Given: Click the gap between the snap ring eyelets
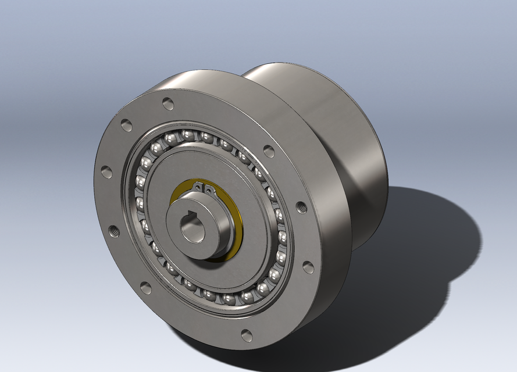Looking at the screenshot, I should pyautogui.click(x=204, y=188).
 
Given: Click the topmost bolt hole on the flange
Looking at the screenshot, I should pyautogui.click(x=168, y=104).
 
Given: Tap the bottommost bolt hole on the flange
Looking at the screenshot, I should pyautogui.click(x=247, y=335).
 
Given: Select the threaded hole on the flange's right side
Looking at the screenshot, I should pyautogui.click(x=301, y=206).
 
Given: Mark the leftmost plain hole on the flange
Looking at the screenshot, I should pyautogui.click(x=106, y=172).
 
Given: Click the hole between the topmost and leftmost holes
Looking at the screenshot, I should pyautogui.click(x=126, y=124).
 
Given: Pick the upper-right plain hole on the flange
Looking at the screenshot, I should pyautogui.click(x=269, y=151).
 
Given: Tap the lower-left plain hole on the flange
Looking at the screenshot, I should pyautogui.click(x=145, y=288).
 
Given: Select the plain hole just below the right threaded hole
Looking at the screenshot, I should pyautogui.click(x=308, y=267).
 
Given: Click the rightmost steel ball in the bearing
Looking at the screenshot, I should pyautogui.click(x=283, y=237).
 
